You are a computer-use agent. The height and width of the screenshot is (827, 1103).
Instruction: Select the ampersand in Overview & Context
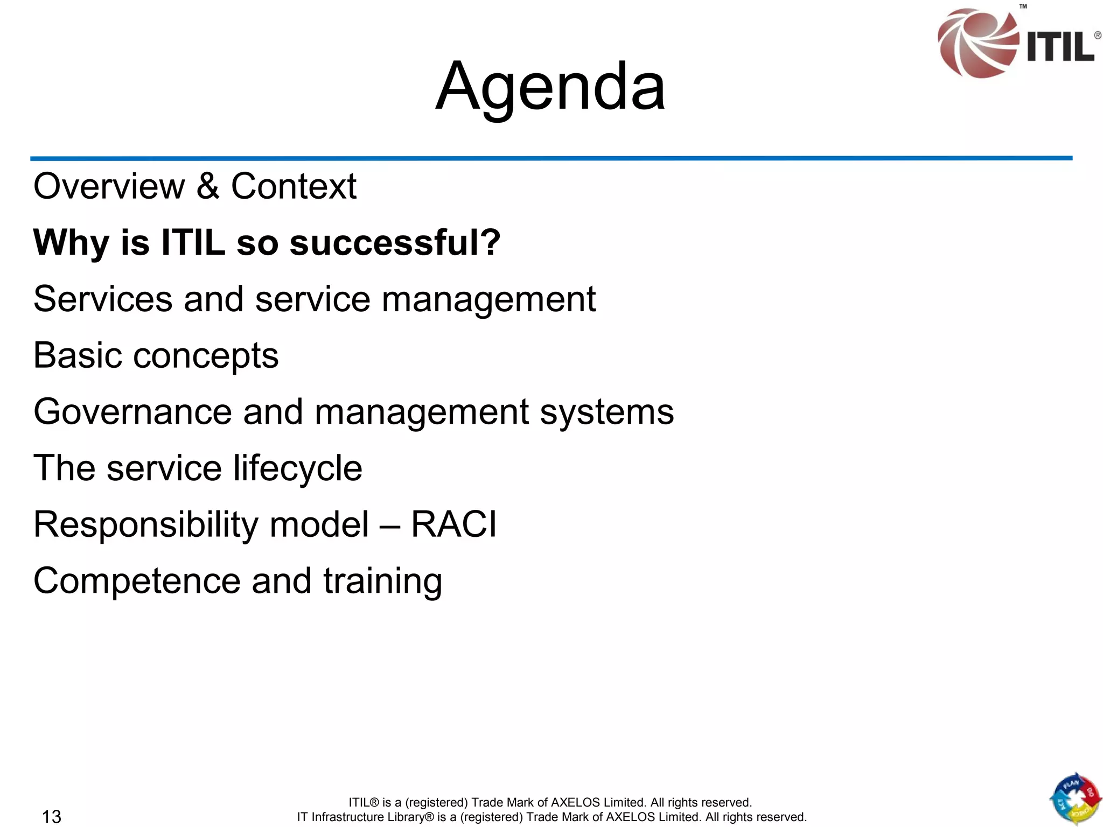207,186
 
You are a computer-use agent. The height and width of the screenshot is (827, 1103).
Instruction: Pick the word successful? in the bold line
395,243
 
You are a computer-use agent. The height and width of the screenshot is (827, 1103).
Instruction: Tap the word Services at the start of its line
102,299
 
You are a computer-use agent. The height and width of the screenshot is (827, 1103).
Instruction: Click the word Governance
132,412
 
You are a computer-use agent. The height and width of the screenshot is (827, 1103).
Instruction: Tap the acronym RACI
453,524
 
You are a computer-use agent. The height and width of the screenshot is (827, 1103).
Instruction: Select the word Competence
137,581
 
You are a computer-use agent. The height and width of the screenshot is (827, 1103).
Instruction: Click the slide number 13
52,817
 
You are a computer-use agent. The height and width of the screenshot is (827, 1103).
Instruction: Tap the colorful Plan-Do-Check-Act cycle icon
1074,799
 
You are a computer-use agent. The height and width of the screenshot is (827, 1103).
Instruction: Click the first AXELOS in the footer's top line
575,802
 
